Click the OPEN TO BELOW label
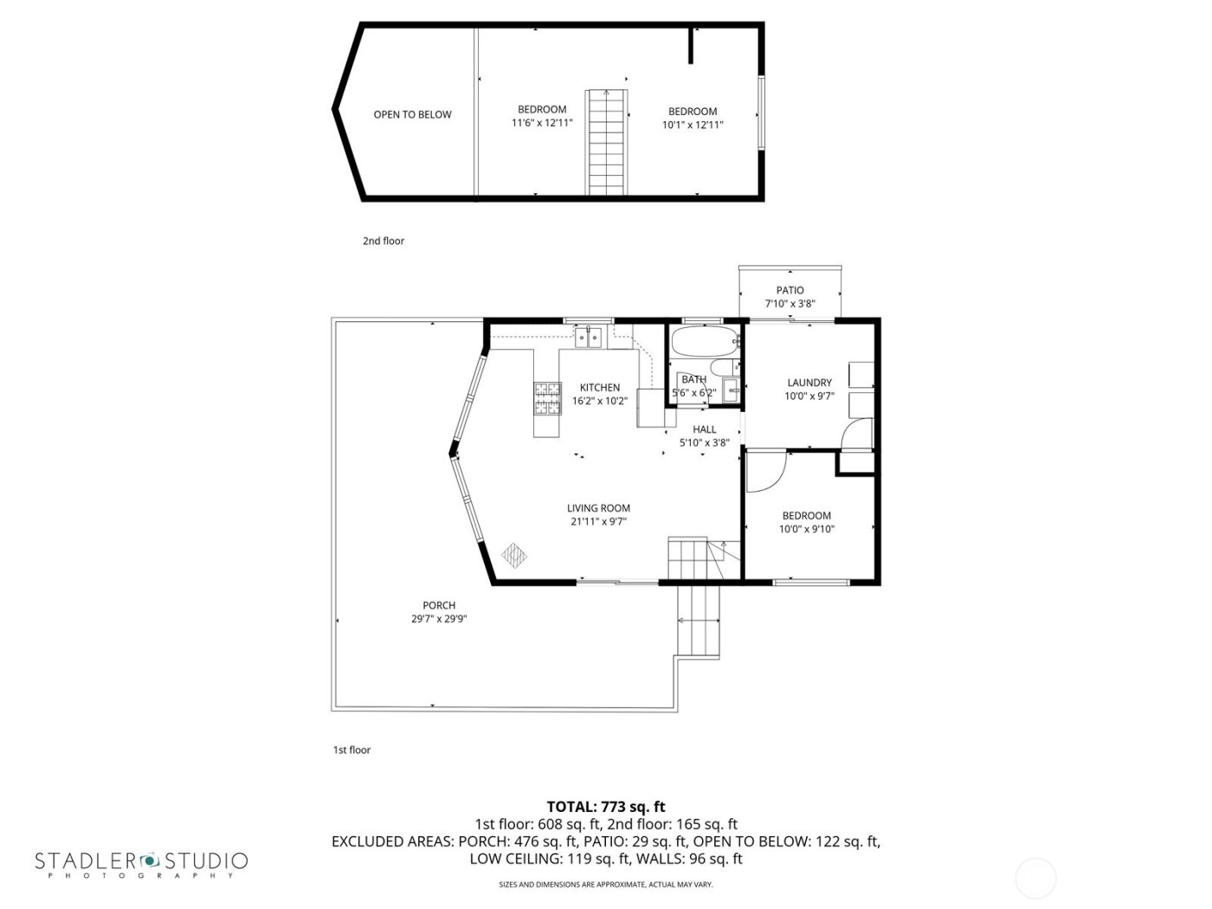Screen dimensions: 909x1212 tap(412, 114)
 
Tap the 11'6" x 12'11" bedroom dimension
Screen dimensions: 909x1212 tap(542, 124)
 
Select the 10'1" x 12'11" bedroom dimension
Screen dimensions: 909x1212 tap(693, 125)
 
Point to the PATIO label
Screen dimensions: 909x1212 tap(790, 290)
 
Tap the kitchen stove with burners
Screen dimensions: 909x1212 tap(546, 398)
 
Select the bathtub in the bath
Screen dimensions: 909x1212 tap(703, 342)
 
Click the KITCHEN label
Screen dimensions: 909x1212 tap(599, 387)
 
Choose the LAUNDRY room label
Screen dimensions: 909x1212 tap(809, 383)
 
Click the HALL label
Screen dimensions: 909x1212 tap(705, 429)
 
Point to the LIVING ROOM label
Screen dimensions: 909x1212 tap(598, 508)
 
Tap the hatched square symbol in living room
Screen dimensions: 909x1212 tap(514, 553)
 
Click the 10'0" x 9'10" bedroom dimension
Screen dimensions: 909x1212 tap(807, 529)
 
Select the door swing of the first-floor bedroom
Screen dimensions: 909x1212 tap(765, 472)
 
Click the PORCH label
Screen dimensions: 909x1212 tap(439, 605)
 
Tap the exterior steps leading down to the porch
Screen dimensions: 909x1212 tap(699, 621)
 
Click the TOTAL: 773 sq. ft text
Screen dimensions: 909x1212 tap(606, 807)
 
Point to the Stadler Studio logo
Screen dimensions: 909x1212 tap(141, 862)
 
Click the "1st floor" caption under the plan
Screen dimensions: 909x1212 tap(351, 750)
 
